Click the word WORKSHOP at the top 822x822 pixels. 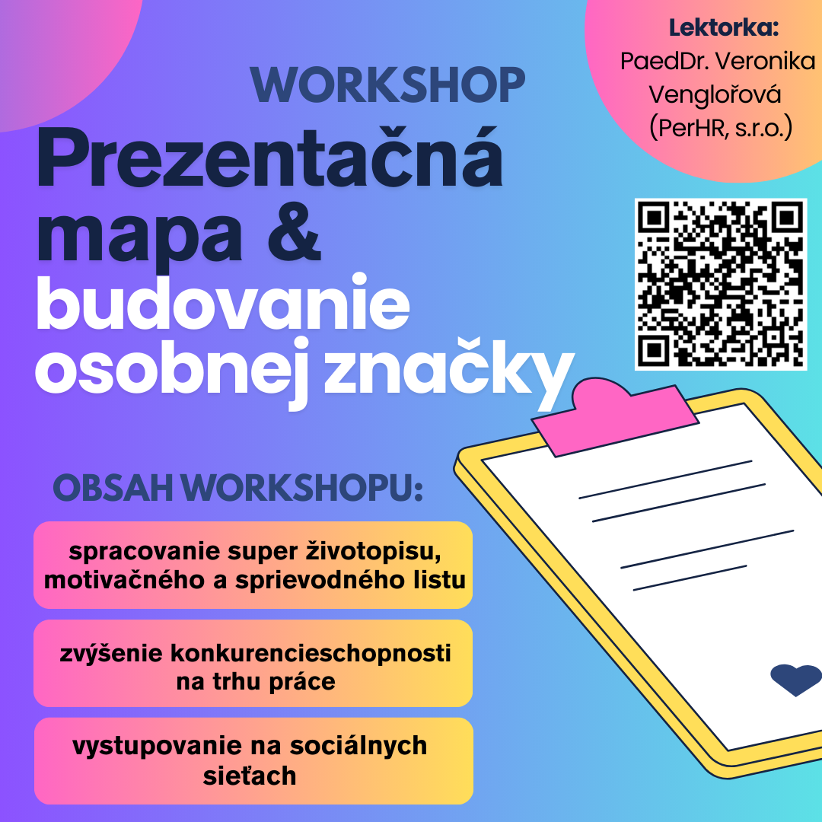pos(387,86)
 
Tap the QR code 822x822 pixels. pos(720,284)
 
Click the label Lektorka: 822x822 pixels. pos(724,28)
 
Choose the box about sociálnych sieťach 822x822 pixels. pos(253,760)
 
